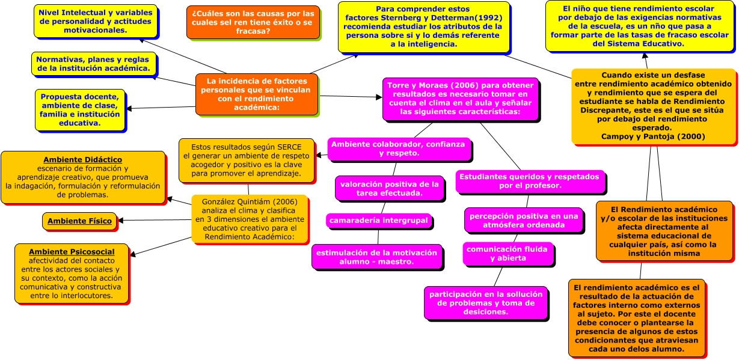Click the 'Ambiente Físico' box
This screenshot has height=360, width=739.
(x=79, y=221)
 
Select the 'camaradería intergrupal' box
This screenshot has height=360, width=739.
(x=379, y=221)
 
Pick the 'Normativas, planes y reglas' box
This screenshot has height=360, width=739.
(x=93, y=64)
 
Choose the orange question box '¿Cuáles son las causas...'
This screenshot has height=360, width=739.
(x=253, y=22)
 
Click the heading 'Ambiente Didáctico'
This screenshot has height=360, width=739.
(x=83, y=160)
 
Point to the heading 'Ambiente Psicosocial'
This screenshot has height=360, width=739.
(x=72, y=251)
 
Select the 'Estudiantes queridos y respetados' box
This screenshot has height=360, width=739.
(x=529, y=182)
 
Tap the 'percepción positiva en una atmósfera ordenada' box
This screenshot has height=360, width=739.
(x=523, y=221)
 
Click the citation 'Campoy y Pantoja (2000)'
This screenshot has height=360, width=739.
(x=653, y=136)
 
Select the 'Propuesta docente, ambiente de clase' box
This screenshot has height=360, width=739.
(x=79, y=110)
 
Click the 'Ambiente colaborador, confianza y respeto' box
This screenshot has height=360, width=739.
(x=398, y=148)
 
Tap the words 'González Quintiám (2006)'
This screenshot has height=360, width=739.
(x=248, y=203)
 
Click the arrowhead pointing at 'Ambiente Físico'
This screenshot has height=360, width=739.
(x=121, y=221)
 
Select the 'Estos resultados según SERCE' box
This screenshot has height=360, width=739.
(x=247, y=160)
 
